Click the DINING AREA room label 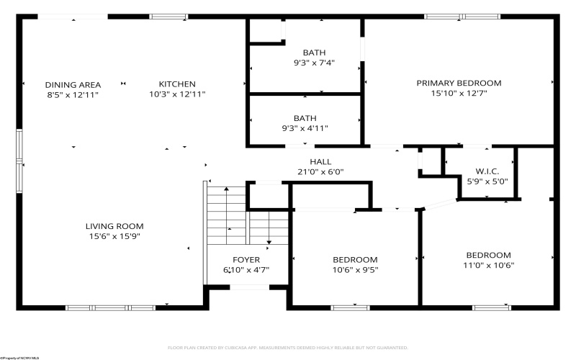(73, 84)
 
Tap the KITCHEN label (177, 84)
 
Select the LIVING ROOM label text (114, 225)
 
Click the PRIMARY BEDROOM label (459, 83)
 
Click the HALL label (320, 161)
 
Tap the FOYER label (246, 260)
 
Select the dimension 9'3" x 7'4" (314, 63)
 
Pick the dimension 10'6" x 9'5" (354, 270)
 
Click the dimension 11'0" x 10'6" (488, 265)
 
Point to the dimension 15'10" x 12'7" (459, 93)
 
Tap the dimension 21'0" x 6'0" (320, 171)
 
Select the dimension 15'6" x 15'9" (114, 235)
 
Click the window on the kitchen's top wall (168, 17)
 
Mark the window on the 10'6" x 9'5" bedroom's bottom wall (350, 307)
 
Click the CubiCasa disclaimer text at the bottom (288, 347)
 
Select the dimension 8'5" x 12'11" (73, 94)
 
